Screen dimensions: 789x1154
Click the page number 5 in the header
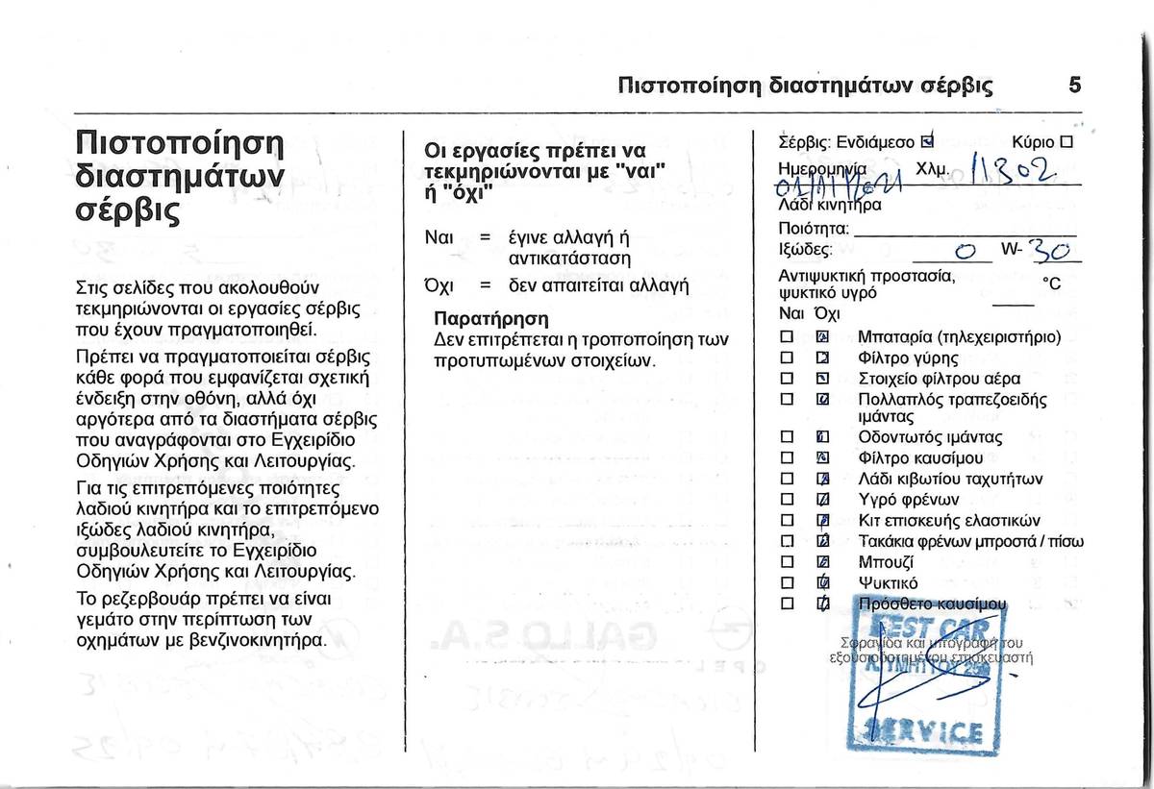click(1074, 85)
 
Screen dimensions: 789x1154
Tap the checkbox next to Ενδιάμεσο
click(926, 142)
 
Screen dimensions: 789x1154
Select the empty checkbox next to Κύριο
click(1066, 142)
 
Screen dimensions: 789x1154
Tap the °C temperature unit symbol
click(1051, 284)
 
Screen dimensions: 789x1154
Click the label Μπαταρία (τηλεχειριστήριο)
click(959, 337)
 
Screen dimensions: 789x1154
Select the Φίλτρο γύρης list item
click(908, 358)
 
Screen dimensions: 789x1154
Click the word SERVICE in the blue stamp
click(926, 732)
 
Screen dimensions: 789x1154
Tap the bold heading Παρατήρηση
click(490, 318)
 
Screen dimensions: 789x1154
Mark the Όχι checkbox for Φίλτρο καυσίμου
click(822, 458)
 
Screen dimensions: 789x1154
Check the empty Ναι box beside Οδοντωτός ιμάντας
click(786, 438)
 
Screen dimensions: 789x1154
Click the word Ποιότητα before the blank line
click(813, 229)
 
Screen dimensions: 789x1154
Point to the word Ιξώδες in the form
click(805, 251)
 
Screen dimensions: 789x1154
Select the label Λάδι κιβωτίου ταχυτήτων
click(950, 479)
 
